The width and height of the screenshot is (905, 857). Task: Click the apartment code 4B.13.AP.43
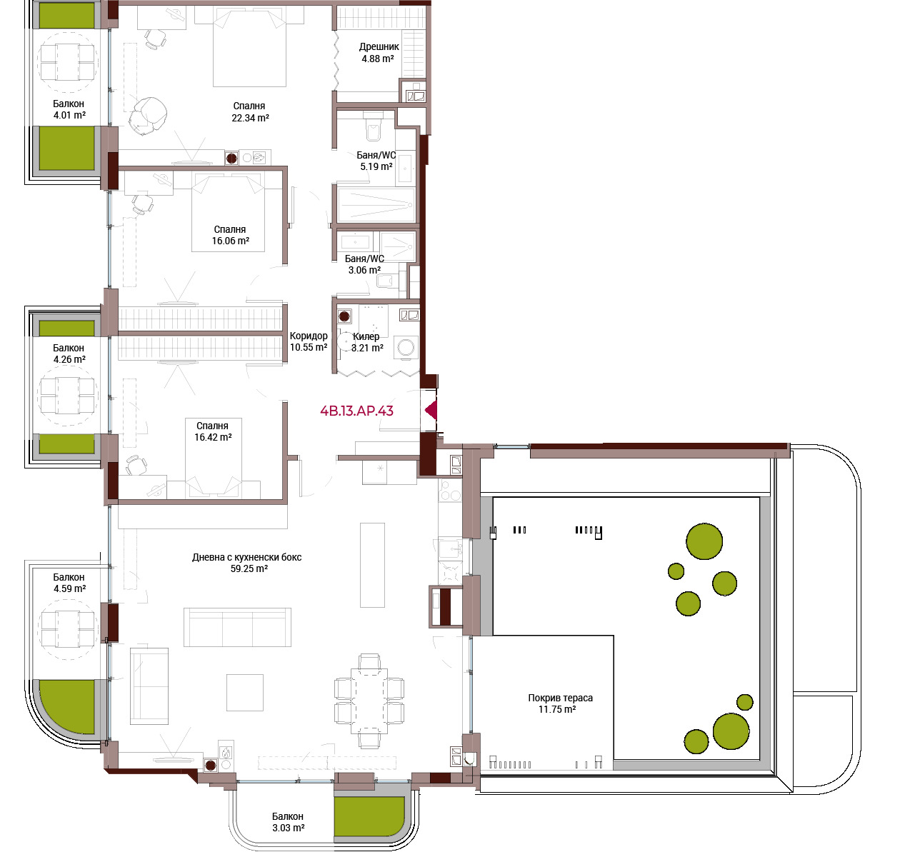356,411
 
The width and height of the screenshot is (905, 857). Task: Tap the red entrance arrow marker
431,410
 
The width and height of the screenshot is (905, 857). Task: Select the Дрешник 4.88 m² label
379,52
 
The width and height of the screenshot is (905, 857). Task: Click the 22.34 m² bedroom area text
250,118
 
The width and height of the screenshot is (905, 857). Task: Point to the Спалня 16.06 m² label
230,235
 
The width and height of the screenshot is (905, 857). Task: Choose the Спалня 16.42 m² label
212,431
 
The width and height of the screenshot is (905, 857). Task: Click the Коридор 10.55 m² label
309,341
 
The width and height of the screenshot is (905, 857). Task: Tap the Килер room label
366,336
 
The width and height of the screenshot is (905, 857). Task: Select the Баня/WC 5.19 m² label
376,161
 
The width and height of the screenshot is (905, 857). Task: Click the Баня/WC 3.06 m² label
364,264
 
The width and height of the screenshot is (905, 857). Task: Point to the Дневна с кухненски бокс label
246,557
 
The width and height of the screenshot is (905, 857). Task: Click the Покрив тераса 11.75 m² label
560,703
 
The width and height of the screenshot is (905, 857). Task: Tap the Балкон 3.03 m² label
288,822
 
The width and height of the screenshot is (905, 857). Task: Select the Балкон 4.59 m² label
69,583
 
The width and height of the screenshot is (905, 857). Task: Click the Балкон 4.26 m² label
69,354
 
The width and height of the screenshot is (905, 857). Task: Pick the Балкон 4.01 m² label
69,109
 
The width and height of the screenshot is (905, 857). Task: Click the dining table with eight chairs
369,701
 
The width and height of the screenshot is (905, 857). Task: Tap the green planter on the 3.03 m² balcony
369,816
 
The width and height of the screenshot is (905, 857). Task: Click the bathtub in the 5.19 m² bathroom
376,204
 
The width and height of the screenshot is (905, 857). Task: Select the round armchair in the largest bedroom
147,115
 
